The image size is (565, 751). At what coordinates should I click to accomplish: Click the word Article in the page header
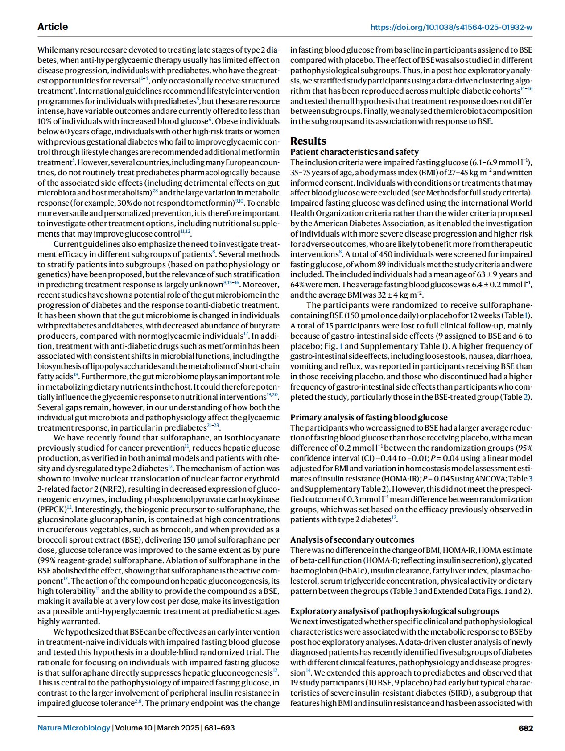tap(53, 27)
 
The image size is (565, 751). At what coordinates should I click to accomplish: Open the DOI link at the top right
tap(451, 27)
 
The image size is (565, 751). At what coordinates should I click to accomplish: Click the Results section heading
tap(308, 141)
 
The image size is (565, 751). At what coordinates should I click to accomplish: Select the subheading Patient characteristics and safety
tap(355, 152)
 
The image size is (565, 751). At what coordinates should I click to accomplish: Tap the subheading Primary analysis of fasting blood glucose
tap(369, 417)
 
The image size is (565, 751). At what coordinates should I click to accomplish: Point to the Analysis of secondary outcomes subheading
tap(352, 539)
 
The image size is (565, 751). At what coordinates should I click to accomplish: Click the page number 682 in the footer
tap(525, 728)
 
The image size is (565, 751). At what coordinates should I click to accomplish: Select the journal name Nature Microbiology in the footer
tap(74, 728)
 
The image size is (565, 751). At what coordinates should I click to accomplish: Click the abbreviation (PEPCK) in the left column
tap(52, 509)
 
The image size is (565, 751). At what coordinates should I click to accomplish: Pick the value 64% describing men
tap(298, 285)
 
